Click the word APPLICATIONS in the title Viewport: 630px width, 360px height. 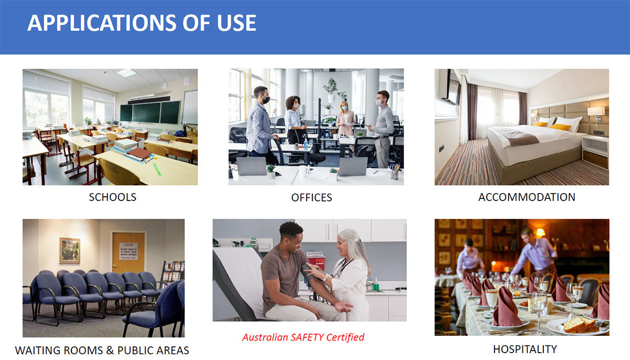(102, 23)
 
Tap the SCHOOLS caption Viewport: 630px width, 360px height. (112, 197)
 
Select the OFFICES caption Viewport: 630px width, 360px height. (312, 197)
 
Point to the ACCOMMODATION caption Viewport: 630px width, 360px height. (527, 197)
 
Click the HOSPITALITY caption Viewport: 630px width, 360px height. (525, 350)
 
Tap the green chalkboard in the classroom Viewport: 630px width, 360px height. (150, 112)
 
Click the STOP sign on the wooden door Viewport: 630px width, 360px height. (128, 251)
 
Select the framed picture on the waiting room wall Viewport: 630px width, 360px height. (69, 250)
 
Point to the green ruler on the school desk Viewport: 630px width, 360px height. (157, 169)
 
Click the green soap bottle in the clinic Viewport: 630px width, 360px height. (376, 284)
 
